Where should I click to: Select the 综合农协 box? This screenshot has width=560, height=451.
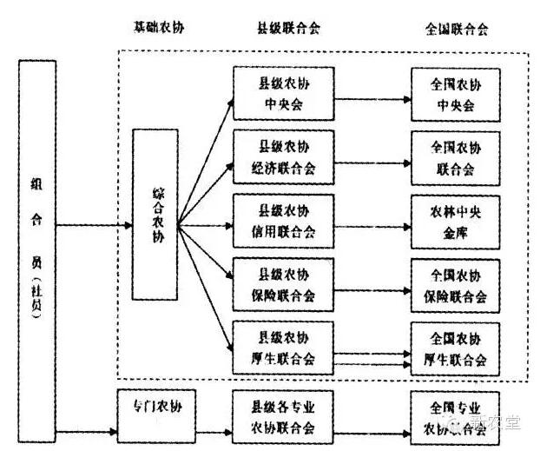[155, 215]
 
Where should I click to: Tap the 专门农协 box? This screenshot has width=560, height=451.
[155, 406]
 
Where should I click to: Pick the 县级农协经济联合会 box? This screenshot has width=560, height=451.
[284, 157]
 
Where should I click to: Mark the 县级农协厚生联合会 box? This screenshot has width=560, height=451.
[284, 348]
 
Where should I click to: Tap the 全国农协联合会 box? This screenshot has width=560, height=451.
[456, 157]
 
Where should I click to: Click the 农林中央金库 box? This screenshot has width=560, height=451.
[456, 222]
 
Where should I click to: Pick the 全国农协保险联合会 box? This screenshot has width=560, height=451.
[456, 285]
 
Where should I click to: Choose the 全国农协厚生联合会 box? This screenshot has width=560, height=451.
[456, 348]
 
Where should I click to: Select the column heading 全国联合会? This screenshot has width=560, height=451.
[457, 29]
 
